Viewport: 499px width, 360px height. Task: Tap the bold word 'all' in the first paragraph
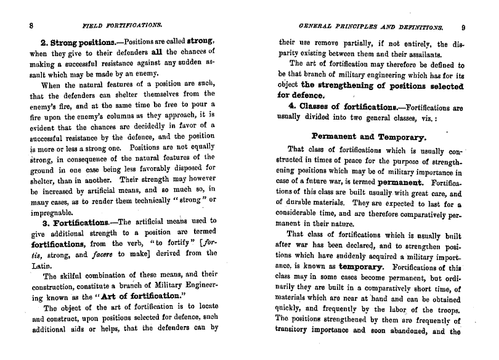[152, 51]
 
